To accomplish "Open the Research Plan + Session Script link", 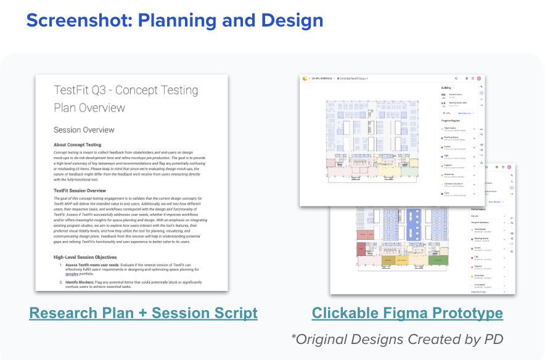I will pos(143,313).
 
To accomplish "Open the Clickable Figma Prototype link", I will pos(407,313).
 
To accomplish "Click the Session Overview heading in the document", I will pos(83,130).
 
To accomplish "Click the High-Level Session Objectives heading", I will pos(94,256).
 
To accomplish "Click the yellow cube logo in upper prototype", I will pos(305,78).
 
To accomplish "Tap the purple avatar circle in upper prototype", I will pos(478,78).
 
